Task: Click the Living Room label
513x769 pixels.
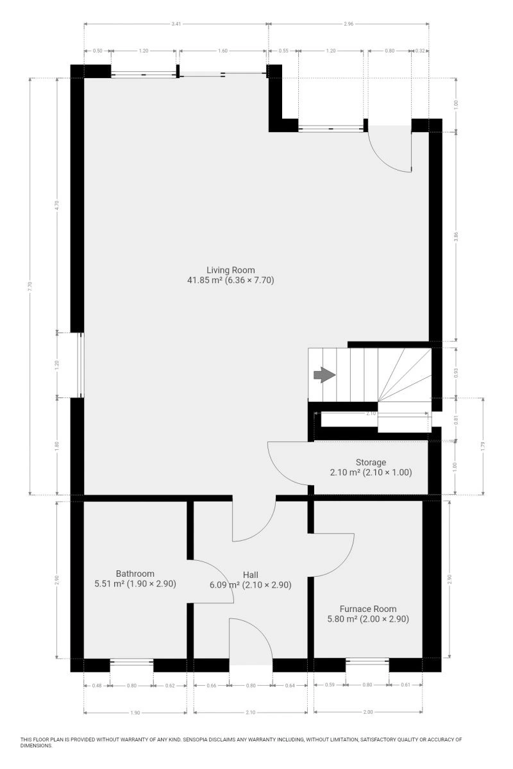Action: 231,270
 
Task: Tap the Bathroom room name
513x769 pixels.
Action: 135,574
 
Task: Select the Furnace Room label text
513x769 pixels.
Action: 368,609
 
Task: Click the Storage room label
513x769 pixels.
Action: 371,462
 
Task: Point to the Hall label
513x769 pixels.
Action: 251,574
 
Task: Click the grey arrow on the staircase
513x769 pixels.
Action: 324,374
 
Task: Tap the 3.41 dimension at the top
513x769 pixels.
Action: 176,24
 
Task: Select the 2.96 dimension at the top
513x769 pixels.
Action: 348,24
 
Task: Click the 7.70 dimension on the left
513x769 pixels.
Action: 30,286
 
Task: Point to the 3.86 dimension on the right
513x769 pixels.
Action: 456,236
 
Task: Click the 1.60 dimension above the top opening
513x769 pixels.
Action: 223,51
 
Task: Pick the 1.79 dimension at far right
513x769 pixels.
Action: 483,446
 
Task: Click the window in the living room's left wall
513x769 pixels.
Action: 80,365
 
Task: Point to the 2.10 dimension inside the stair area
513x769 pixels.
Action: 371,414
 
